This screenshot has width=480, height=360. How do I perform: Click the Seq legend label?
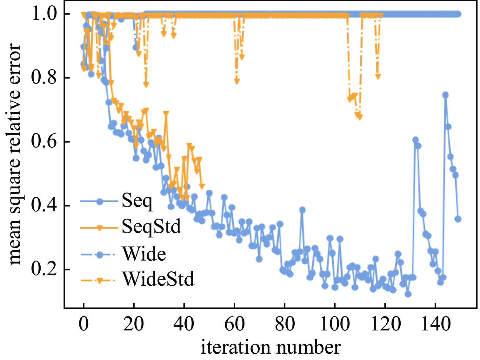tap(137, 201)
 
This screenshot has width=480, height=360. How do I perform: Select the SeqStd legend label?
tap(151, 227)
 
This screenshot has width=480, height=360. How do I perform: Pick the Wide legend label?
tap(144, 254)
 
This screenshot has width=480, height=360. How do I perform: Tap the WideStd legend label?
tap(158, 279)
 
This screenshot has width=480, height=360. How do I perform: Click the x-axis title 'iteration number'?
tap(271, 347)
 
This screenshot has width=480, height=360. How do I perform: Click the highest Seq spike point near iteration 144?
tap(445, 95)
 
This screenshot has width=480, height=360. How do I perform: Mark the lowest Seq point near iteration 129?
tap(408, 294)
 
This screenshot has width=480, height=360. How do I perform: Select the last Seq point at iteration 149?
tap(458, 219)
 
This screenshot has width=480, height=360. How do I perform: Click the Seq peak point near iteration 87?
tap(302, 210)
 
